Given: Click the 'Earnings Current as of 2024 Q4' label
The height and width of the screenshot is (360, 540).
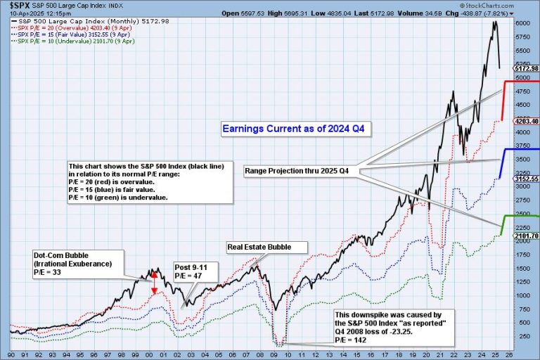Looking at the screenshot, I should click(x=296, y=129).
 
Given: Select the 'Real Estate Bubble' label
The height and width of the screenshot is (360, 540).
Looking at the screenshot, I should click(x=268, y=247).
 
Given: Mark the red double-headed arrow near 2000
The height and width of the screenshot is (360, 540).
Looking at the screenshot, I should click(x=155, y=282).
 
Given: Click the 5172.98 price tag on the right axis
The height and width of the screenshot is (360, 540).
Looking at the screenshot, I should click(x=526, y=68).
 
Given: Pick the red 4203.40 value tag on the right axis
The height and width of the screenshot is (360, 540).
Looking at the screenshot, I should click(x=526, y=121).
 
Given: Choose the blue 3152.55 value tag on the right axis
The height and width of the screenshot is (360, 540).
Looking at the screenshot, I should click(x=526, y=179).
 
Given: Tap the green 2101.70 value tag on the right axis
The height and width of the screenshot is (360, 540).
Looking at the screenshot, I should click(x=526, y=236).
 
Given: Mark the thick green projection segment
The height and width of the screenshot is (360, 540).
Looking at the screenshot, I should click(x=503, y=224).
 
